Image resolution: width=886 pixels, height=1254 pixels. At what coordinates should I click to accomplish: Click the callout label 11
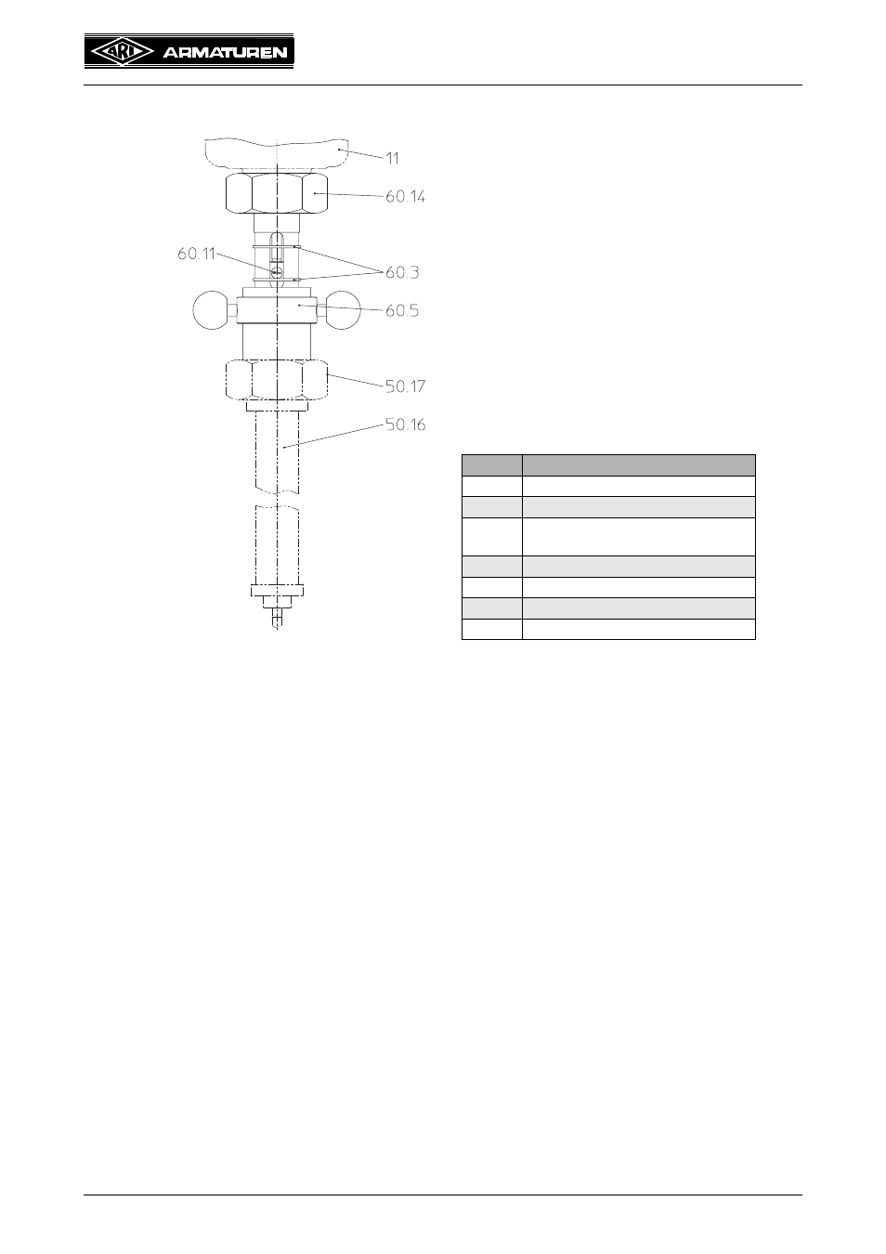(x=392, y=159)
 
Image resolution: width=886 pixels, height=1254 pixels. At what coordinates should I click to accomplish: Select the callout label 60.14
(x=405, y=197)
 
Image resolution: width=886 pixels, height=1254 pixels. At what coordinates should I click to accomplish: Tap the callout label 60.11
(x=197, y=254)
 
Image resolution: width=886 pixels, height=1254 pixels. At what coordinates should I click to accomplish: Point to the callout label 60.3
(x=402, y=272)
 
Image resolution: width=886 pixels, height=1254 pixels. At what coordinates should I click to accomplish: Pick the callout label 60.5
(x=402, y=310)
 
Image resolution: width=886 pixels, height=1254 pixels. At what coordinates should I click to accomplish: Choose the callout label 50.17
(x=405, y=386)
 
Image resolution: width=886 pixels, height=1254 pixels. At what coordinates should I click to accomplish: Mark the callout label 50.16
(x=405, y=425)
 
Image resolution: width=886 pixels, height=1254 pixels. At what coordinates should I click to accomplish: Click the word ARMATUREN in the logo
(x=225, y=53)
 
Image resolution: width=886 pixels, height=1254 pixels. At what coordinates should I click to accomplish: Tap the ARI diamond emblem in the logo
(x=122, y=52)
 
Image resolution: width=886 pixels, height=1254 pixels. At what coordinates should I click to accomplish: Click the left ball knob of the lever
(x=212, y=310)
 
